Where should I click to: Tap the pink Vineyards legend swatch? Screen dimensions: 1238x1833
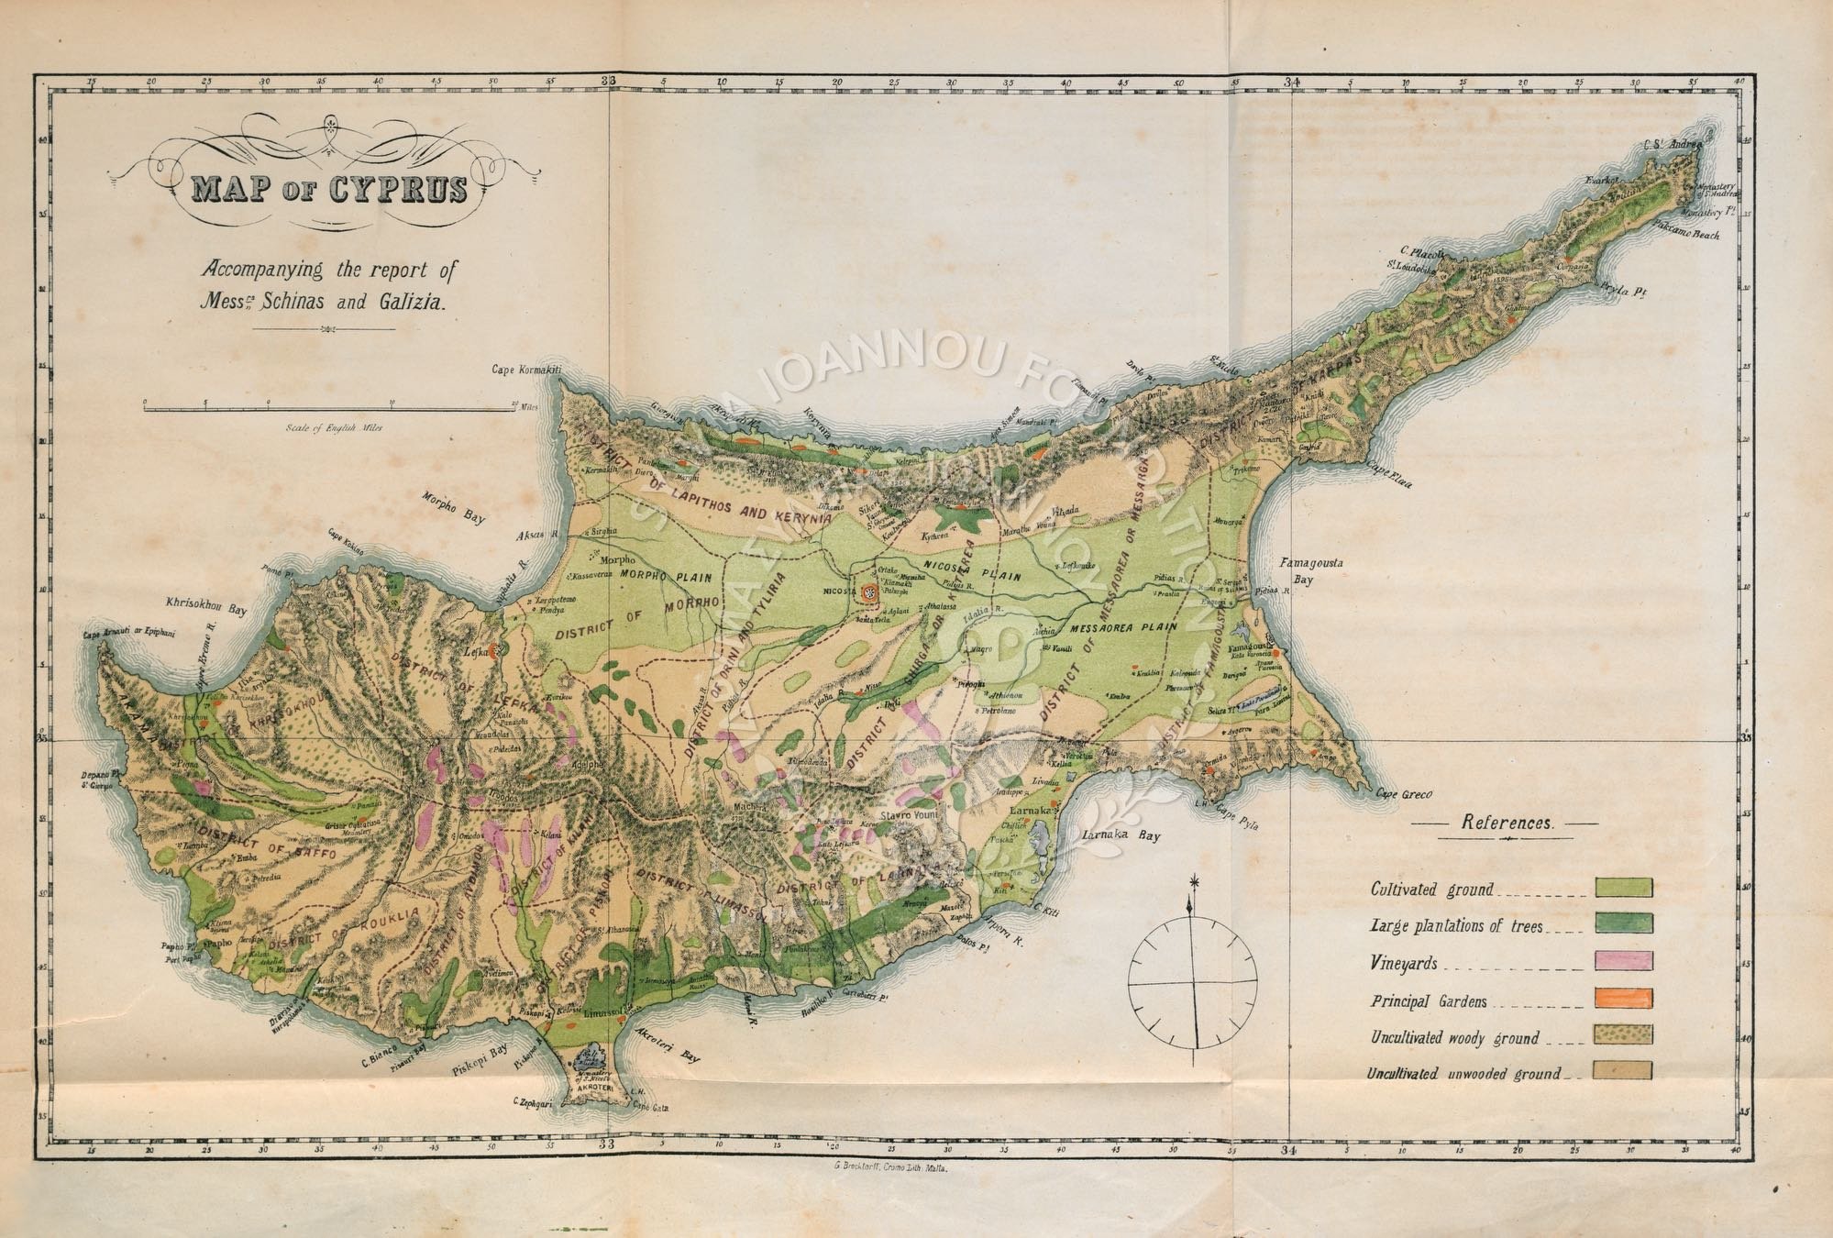coord(1624,961)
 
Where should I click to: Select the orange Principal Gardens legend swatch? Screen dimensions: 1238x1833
coord(1624,998)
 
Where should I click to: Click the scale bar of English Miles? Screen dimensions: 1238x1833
coord(328,409)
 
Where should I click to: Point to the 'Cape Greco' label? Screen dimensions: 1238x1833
coord(1403,795)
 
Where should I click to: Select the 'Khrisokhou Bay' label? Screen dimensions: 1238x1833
coord(206,608)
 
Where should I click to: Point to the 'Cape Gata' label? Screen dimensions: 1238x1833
coord(652,1108)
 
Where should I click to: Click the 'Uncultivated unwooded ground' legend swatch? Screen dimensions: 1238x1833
coord(1624,1070)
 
